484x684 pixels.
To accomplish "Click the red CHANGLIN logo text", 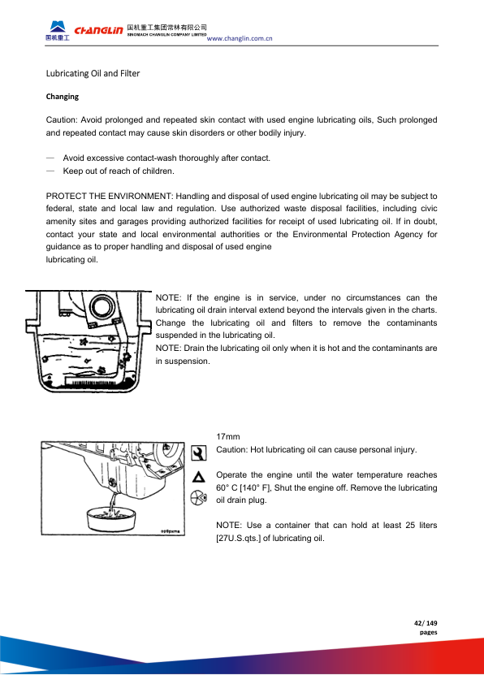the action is coord(98,30).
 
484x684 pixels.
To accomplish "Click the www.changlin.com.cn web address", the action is coord(240,38).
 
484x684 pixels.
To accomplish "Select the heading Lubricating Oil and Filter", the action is coord(93,73).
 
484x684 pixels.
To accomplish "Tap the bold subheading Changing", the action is coord(63,97).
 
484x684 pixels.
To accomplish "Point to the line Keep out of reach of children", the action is coord(119,171).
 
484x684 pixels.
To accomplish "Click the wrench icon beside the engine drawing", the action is coord(198,453).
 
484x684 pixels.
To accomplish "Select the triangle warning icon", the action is coord(199,477).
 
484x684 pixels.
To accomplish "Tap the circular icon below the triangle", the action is coord(198,498).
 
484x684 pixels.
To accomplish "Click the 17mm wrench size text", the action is coord(228,437).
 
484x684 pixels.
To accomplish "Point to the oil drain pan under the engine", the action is coord(111,518).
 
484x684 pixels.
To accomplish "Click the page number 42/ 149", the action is coord(426,623).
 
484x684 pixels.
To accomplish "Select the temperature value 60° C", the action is coord(227,487).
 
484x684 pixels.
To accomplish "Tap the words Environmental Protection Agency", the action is coord(357,234).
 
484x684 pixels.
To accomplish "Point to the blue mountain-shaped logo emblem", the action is coord(58,26).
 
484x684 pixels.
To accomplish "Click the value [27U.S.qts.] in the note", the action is coord(239,539).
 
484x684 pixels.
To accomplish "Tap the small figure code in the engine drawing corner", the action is coord(173,531).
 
